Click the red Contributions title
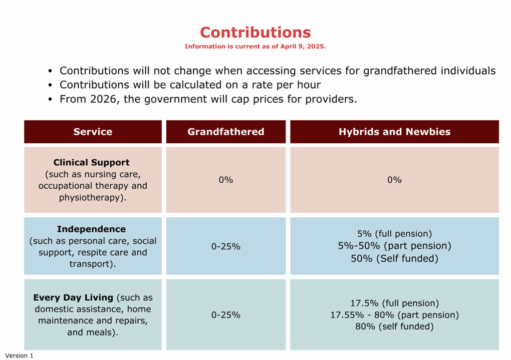tap(255, 32)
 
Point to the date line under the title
tap(255, 46)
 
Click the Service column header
tap(93, 132)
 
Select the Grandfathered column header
tap(226, 132)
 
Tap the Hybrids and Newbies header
tap(394, 132)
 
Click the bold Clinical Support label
tap(91, 162)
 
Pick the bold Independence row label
tap(91, 229)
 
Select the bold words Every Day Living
tap(73, 298)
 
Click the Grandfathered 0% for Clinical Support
tap(226, 180)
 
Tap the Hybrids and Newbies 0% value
tap(394, 180)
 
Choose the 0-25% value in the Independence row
tap(226, 246)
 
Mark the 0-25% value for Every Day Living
tap(226, 315)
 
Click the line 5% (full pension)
tap(394, 234)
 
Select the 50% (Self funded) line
tap(394, 259)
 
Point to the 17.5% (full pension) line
tap(394, 303)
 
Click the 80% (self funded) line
tap(394, 327)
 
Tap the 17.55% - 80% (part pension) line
tap(394, 315)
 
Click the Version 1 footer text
tap(19, 356)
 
